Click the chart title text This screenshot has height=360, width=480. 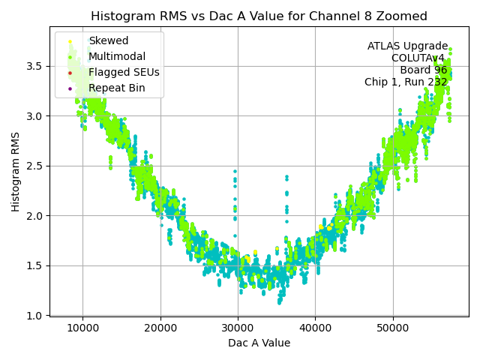pyautogui.click(x=259, y=16)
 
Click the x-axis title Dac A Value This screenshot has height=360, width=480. pyautogui.click(x=259, y=343)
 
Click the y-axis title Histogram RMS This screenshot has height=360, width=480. pyautogui.click(x=16, y=172)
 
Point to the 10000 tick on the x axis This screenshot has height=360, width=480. pyautogui.click(x=82, y=328)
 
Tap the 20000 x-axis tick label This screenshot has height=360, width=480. pyautogui.click(x=160, y=328)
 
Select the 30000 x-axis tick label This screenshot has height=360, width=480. pyautogui.click(x=238, y=328)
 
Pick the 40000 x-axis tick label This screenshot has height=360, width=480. pyautogui.click(x=315, y=328)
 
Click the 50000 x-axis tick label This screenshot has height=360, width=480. pyautogui.click(x=393, y=328)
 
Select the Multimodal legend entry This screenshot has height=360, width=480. pyautogui.click(x=117, y=57)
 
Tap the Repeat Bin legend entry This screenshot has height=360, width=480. pyautogui.click(x=116, y=88)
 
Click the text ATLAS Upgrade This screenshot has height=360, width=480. pyautogui.click(x=407, y=46)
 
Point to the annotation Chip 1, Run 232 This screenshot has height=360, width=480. pyautogui.click(x=406, y=82)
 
